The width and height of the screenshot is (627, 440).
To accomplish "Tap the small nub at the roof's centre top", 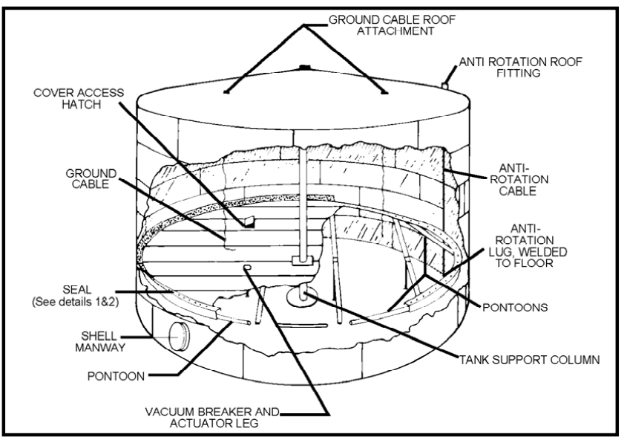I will [x=304, y=68].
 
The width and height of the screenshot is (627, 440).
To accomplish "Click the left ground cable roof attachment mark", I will [x=226, y=93].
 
